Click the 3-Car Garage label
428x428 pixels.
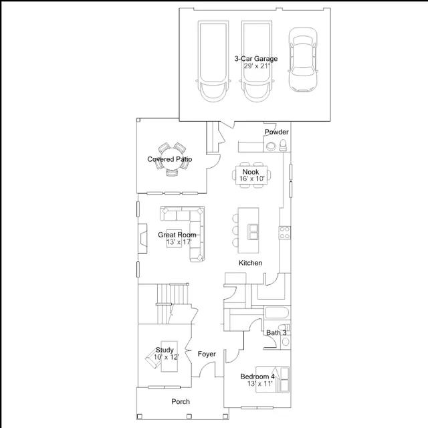(256, 59)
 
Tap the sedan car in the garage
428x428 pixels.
(303, 60)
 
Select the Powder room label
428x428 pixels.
(276, 132)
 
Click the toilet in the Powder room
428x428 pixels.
(283, 145)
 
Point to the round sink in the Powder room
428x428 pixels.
(271, 146)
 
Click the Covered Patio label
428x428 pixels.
(169, 159)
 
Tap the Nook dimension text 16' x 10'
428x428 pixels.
(252, 179)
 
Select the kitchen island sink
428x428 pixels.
(253, 232)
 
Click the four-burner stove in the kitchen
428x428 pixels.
(285, 233)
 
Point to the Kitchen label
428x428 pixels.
(250, 263)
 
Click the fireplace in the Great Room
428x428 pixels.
(142, 238)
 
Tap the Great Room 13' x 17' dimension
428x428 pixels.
(179, 242)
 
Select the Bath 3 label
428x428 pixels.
(276, 333)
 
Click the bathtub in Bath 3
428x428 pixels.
(277, 313)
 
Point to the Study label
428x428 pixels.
(165, 350)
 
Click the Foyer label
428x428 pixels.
(207, 354)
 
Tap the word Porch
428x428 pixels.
(181, 401)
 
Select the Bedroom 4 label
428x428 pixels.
(257, 377)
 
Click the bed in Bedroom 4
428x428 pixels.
(272, 379)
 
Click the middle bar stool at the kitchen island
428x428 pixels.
(235, 230)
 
